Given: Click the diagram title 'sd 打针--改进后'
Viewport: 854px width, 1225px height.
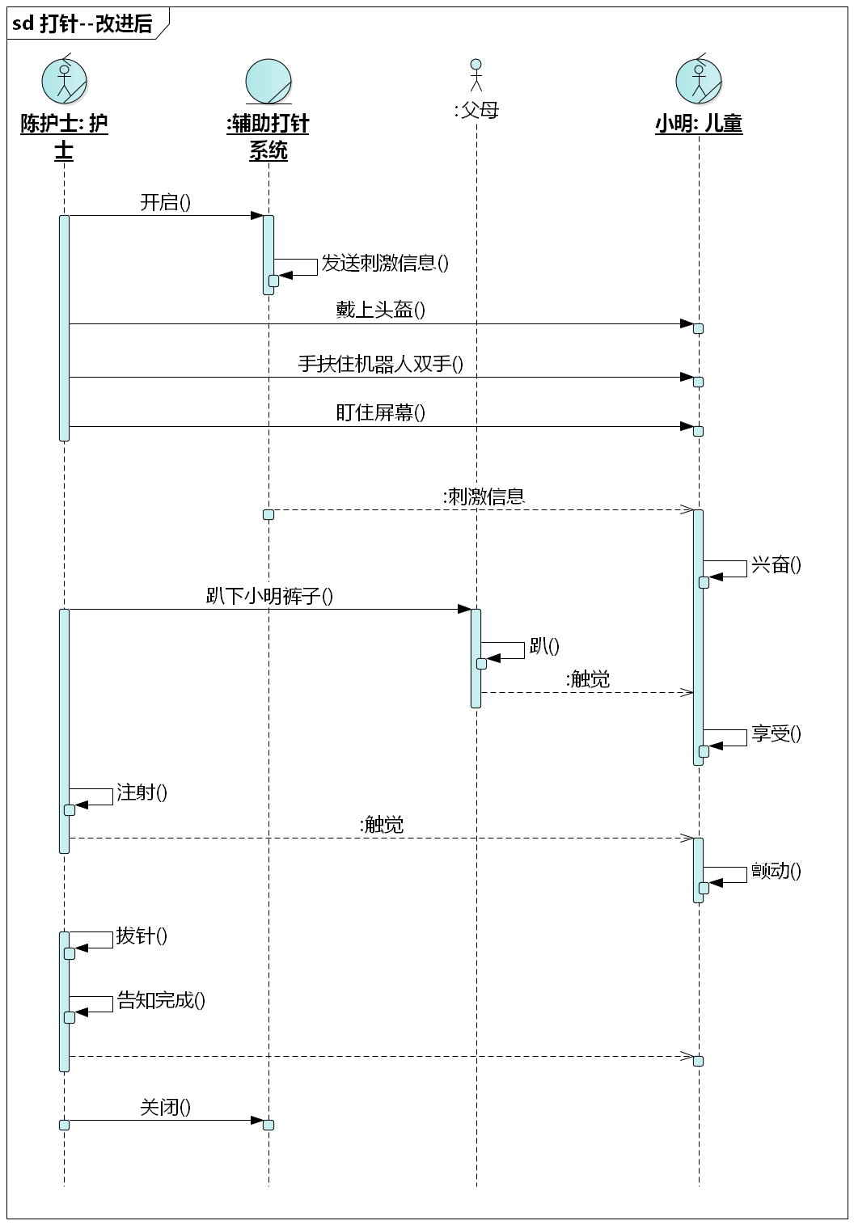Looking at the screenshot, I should [82, 24].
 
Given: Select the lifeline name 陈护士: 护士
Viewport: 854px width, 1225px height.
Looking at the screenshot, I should [64, 137].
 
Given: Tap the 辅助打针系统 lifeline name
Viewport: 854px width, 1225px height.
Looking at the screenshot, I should [268, 137].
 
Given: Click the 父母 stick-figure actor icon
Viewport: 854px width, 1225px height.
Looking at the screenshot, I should [476, 74].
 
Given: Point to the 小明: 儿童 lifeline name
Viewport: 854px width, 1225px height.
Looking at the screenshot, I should [699, 124].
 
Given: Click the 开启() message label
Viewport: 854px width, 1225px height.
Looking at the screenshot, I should [166, 202].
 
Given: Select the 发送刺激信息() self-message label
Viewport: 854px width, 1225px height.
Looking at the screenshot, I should [385, 263].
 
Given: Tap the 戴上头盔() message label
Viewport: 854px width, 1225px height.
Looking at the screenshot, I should [380, 310].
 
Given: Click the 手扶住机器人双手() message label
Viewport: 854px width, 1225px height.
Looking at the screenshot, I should [380, 364].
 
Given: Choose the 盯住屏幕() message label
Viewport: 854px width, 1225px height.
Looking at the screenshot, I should [380, 413].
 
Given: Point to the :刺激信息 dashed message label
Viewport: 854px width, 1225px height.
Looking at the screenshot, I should [484, 496].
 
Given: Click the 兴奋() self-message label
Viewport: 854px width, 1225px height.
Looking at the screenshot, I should [776, 564].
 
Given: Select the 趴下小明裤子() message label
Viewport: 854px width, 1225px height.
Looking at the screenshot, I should [269, 597].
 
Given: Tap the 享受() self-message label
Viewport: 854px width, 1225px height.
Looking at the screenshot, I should [776, 733].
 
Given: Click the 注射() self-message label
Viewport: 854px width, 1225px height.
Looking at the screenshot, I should [142, 792].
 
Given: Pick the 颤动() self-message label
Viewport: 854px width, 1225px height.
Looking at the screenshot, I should [776, 871].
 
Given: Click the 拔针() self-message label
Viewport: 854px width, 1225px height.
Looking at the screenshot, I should [142, 936].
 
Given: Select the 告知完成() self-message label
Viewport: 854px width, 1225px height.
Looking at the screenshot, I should [161, 1001].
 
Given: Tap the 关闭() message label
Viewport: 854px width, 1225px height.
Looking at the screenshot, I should [166, 1107].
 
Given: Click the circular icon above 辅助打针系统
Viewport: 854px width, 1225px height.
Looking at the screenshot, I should [268, 81].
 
